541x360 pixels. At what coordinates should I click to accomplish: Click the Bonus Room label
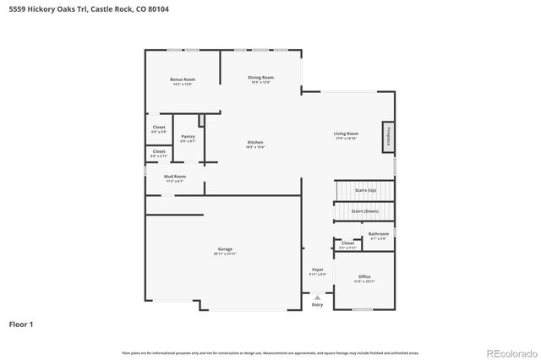point(183,80)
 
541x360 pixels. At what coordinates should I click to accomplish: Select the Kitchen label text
point(255,143)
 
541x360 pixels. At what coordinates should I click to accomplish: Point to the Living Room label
point(346,134)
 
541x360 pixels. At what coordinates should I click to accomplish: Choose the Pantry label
point(188,137)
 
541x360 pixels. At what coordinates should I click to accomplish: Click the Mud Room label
point(175,177)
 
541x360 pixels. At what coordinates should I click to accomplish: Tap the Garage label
point(225,250)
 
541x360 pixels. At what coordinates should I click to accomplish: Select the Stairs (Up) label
point(366,192)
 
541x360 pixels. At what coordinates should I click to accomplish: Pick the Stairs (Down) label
point(364,211)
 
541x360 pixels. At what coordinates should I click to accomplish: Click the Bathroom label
point(379,235)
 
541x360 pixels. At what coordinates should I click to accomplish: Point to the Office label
point(364,277)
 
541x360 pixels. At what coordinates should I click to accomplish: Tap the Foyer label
point(317,270)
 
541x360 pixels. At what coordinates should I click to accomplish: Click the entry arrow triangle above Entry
point(317,297)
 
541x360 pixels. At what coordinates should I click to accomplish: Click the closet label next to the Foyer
point(347,244)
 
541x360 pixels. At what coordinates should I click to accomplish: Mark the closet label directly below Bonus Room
point(159,129)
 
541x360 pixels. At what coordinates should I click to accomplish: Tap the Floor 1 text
point(21,324)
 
